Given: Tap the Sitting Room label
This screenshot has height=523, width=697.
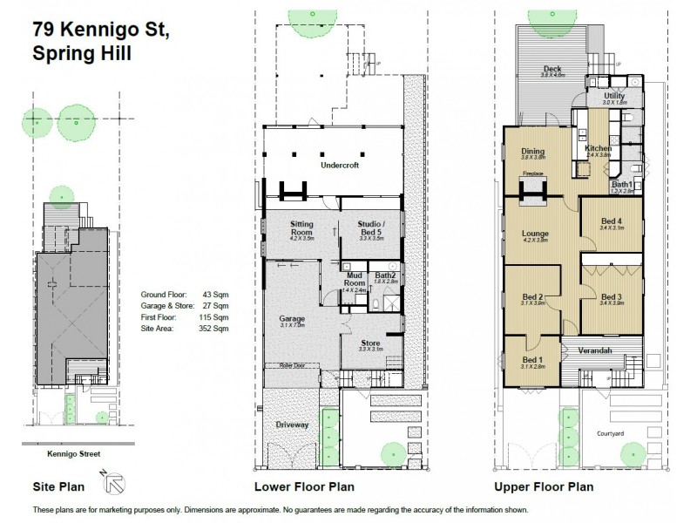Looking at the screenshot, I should click(301, 225).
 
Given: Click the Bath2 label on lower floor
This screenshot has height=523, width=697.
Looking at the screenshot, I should click(385, 276).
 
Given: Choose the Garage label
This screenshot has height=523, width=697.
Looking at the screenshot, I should click(292, 318).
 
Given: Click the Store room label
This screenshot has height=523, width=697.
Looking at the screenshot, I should click(370, 343).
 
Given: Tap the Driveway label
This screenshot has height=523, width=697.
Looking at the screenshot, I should click(294, 425).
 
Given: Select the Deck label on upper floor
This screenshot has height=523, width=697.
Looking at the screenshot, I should click(551, 69).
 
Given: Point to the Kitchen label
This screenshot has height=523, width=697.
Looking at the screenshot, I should click(599, 149).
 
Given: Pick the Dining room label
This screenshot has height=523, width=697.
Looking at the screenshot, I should click(532, 152).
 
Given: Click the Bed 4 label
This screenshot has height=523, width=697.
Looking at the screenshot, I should click(611, 221).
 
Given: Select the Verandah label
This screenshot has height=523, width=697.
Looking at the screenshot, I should click(592, 350).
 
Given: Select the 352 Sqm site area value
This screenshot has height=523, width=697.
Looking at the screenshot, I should click(217, 330).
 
